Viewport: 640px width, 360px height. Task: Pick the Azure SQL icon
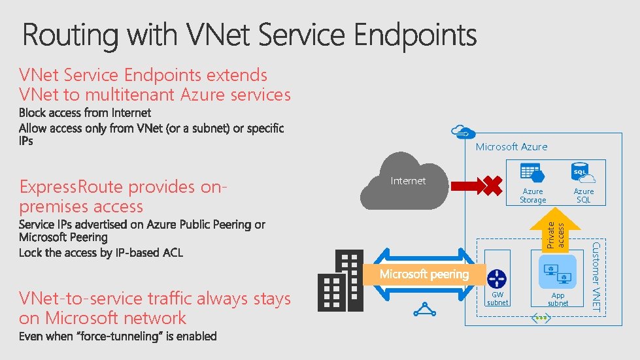click(x=582, y=174)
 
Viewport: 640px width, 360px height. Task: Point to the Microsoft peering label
click(x=424, y=274)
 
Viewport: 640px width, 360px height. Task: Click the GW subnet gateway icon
click(x=497, y=278)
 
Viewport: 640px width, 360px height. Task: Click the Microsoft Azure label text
click(x=511, y=146)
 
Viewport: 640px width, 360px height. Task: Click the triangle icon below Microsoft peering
click(x=425, y=309)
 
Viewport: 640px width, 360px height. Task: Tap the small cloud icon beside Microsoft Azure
click(x=462, y=132)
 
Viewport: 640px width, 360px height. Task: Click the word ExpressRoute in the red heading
click(x=71, y=187)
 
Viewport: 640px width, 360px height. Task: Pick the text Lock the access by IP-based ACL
click(x=101, y=252)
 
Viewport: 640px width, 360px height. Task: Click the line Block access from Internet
click(x=85, y=113)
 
